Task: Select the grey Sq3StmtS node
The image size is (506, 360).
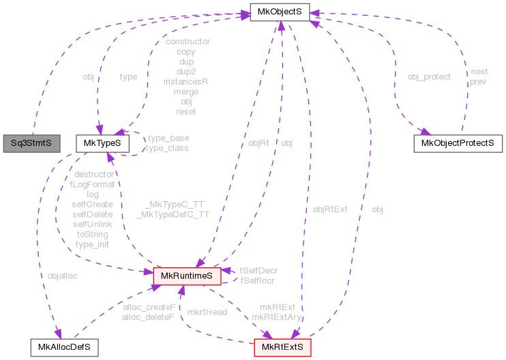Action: click(x=31, y=143)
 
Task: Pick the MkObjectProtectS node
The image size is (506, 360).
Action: click(x=458, y=143)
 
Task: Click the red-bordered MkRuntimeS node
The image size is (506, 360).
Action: click(x=186, y=275)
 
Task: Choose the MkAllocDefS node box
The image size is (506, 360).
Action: click(x=64, y=347)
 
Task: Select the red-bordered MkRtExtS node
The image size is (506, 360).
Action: click(x=283, y=347)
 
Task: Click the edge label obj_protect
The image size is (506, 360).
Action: click(x=428, y=76)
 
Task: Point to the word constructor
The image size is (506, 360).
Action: click(x=188, y=42)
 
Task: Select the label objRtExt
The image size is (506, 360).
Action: click(x=330, y=209)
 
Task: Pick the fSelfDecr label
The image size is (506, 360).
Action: click(x=258, y=271)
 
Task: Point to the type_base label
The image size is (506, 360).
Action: click(x=168, y=138)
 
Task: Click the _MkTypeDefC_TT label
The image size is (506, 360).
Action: click(x=173, y=214)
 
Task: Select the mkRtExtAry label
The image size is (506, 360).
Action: click(x=277, y=317)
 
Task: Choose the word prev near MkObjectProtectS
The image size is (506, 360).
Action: click(x=478, y=82)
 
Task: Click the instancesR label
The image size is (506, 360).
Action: click(x=185, y=81)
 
